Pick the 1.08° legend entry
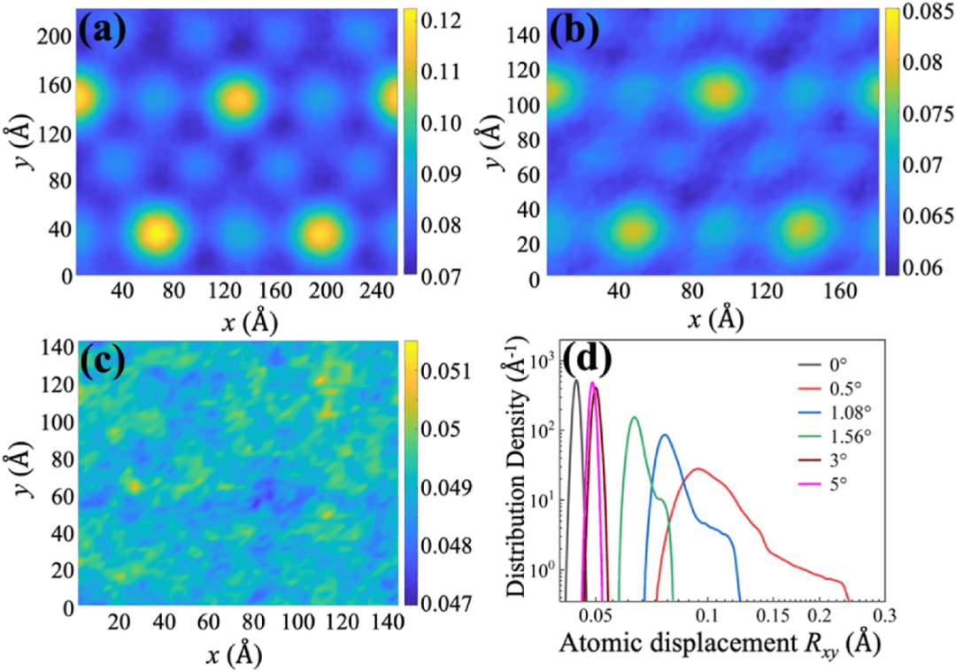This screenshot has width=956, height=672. click(826, 413)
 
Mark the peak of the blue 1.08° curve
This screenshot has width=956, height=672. click(664, 435)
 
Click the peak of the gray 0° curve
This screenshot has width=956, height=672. click(576, 381)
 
